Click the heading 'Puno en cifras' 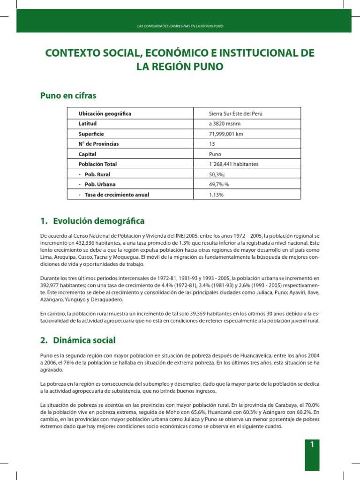coord(69,96)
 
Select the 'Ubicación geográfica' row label coord(105,114)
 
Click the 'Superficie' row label coord(92,134)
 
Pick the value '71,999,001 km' coord(226,134)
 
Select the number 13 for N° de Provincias coord(212,144)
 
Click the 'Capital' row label coord(88,154)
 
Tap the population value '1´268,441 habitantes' coord(233,164)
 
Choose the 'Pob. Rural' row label coord(98,174)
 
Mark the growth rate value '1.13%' coord(216,195)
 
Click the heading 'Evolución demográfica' coord(98,221)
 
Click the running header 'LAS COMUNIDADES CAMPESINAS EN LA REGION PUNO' coord(180,26)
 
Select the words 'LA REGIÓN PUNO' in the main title coord(180,67)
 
